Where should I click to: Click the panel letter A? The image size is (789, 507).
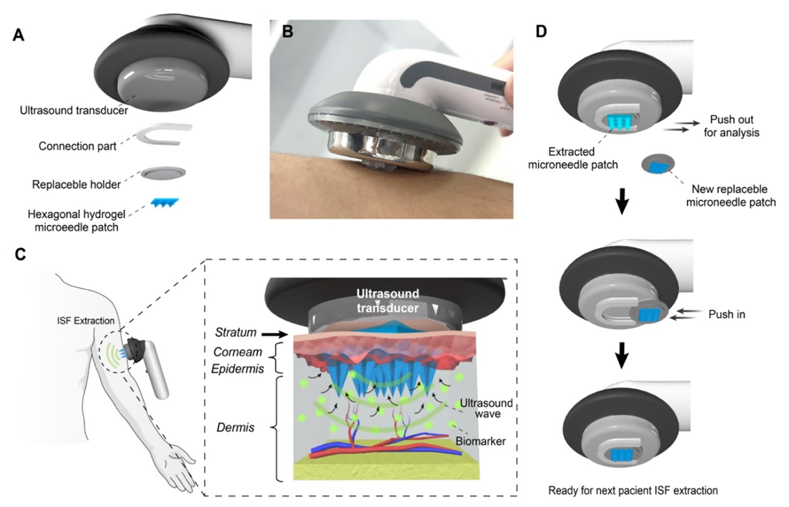click(x=19, y=35)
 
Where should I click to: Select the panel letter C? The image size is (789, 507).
click(x=20, y=254)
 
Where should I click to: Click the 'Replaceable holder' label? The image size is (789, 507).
click(x=76, y=185)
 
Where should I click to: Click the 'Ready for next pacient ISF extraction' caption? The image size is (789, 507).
click(x=632, y=490)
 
